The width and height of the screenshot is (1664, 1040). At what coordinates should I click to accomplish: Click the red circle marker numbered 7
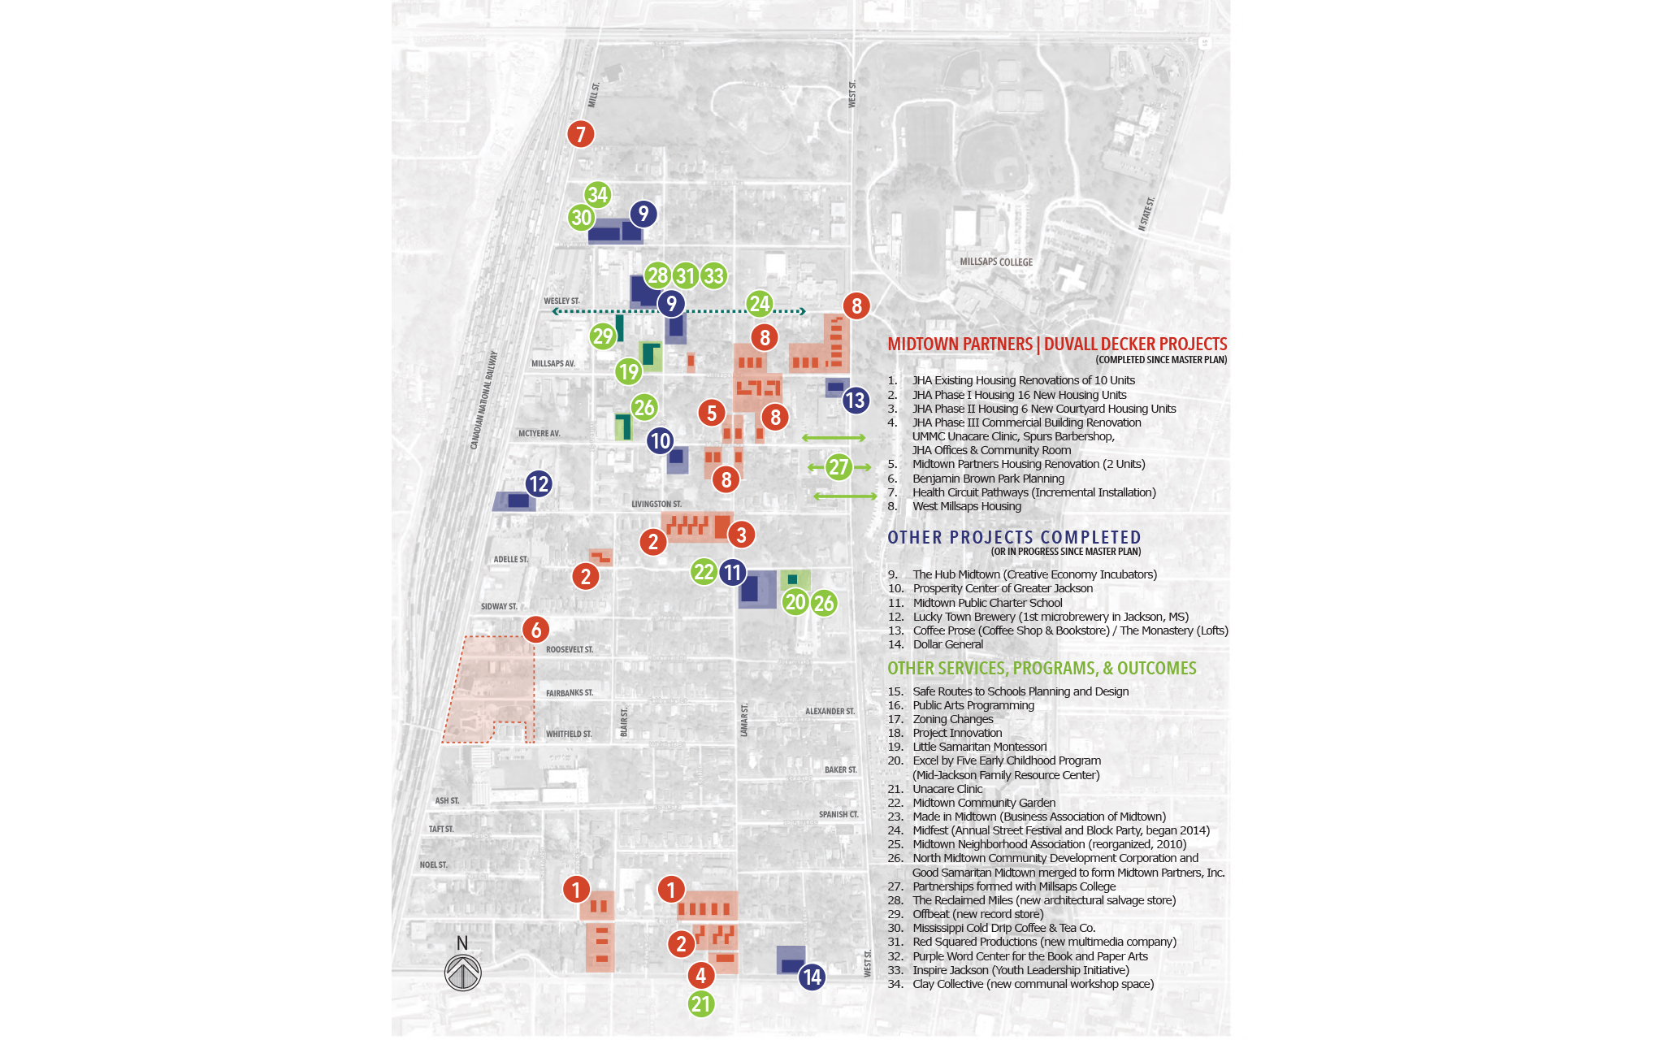coord(580,134)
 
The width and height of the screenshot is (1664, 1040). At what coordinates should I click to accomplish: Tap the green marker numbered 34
coord(597,194)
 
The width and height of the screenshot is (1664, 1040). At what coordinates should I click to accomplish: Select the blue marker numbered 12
coord(539,484)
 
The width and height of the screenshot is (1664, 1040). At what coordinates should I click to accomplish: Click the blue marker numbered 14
coord(812,977)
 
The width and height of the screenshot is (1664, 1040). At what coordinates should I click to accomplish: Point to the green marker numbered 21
coord(701,1004)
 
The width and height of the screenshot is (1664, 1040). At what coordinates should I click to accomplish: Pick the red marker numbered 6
coord(535,630)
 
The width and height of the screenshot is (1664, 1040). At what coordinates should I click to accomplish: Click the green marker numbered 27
coord(838,467)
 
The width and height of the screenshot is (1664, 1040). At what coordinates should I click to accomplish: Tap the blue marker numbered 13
coord(855,401)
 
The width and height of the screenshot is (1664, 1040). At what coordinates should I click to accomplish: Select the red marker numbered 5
coord(712,413)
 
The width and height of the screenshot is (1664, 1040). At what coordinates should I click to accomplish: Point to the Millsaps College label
coord(996,262)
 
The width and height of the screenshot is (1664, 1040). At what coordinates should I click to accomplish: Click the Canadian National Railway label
coord(484,400)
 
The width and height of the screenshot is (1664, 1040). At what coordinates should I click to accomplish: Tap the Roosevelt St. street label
coord(569,649)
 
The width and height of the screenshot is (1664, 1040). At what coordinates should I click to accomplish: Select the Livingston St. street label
coord(656,504)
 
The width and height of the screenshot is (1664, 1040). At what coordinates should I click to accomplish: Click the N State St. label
coord(1146,214)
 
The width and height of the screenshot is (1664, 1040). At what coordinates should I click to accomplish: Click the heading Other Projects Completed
coord(1014,538)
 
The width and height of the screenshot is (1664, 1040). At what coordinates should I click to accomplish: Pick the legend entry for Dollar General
coord(947,644)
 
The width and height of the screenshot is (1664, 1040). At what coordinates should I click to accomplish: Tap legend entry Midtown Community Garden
coord(983,803)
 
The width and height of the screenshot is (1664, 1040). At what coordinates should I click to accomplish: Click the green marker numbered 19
coord(628,372)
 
